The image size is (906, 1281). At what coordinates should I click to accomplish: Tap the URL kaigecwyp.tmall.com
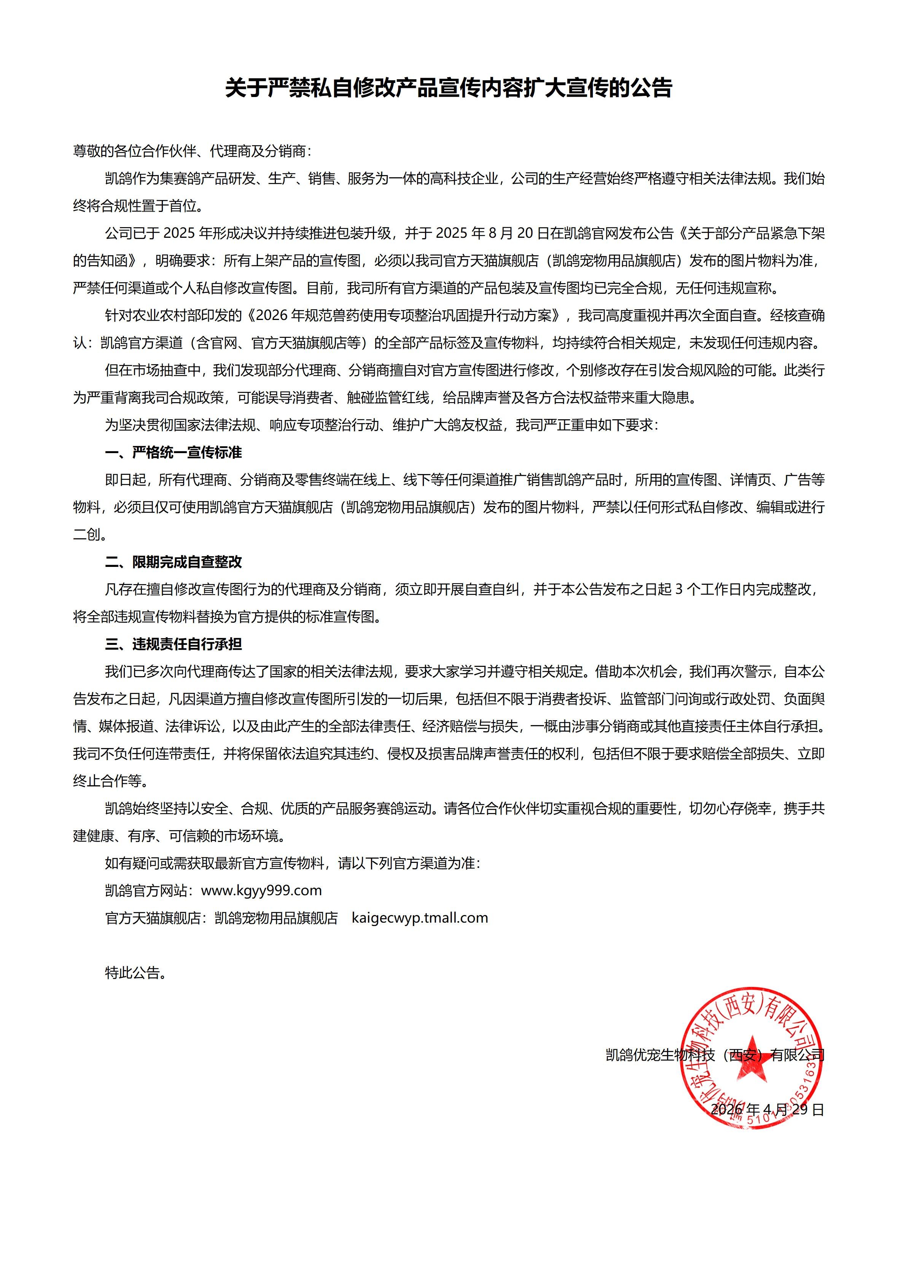click(x=420, y=918)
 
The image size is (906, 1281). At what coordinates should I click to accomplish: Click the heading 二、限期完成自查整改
click(x=174, y=562)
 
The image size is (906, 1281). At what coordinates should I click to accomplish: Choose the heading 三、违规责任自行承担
click(x=174, y=644)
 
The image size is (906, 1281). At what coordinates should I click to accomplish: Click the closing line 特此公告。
click(x=135, y=973)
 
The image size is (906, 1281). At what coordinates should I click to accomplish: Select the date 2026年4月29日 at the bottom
click(x=767, y=1109)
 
